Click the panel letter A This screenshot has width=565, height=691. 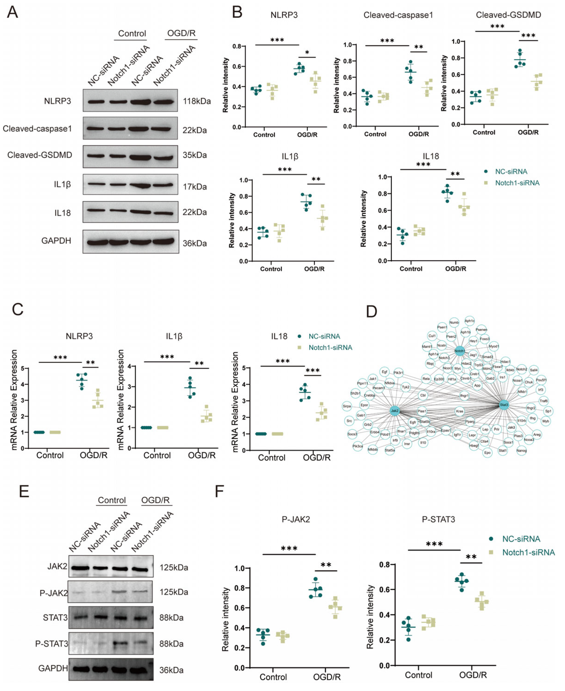coord(12,12)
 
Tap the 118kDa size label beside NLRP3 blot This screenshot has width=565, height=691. coord(197,101)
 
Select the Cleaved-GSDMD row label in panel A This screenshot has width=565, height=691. coord(40,155)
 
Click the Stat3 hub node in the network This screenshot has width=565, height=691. coord(504,405)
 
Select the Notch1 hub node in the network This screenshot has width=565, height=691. coord(460,351)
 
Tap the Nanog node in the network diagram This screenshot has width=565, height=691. coord(521,451)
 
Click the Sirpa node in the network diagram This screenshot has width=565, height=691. coord(347,406)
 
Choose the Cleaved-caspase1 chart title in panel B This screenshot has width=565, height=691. coord(398,15)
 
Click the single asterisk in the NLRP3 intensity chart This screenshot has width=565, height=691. coord(307,53)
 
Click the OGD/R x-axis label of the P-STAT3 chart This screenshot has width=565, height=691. coord(473,675)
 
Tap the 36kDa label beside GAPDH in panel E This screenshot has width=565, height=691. coord(171,670)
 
